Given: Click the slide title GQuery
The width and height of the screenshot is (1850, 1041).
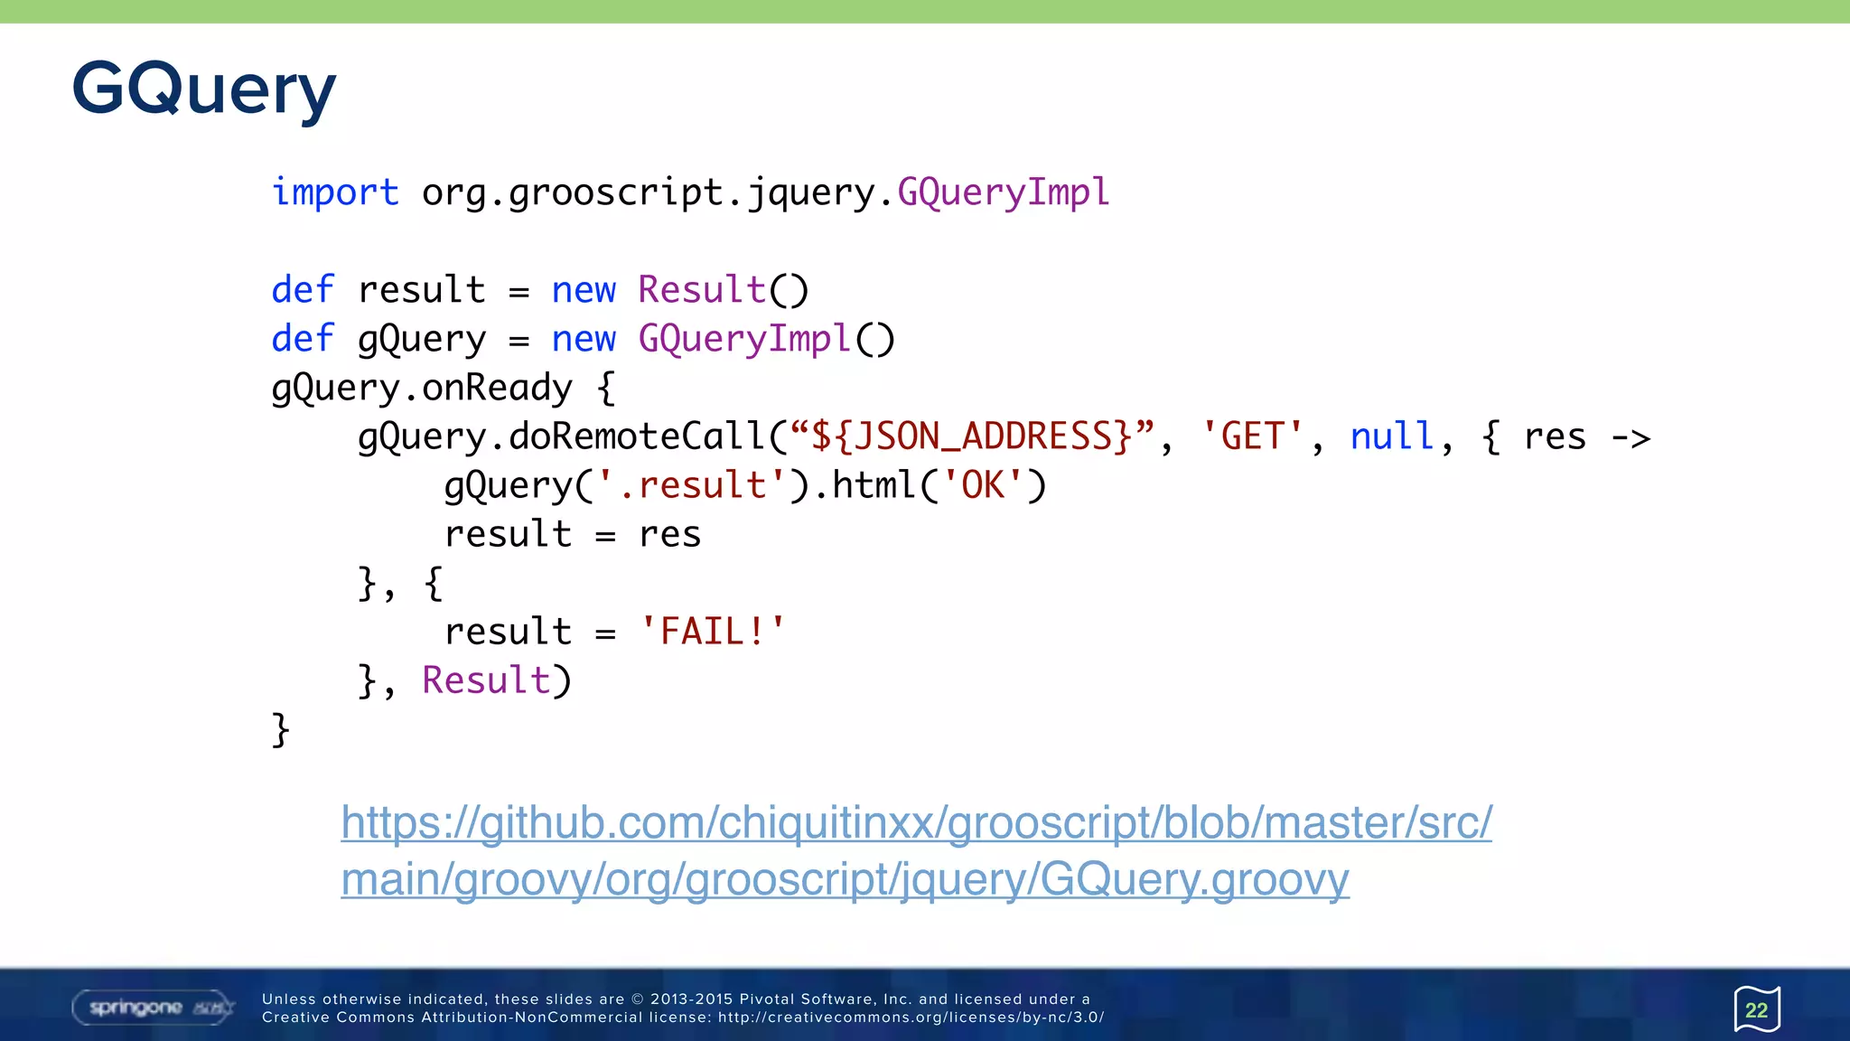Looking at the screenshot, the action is click(x=204, y=89).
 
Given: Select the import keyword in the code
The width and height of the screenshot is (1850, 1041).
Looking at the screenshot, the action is click(x=335, y=192).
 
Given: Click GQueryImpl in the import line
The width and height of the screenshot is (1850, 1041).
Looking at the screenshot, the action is click(x=1003, y=192).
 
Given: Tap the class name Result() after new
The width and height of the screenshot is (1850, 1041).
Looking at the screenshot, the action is click(x=723, y=290).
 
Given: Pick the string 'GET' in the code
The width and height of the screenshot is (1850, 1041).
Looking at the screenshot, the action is click(x=1252, y=436).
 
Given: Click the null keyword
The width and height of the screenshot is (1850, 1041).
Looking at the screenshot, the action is click(x=1391, y=436).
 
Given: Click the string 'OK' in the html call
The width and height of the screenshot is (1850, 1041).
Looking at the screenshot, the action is click(x=983, y=485).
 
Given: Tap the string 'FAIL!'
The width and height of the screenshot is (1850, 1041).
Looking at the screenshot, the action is click(x=713, y=632).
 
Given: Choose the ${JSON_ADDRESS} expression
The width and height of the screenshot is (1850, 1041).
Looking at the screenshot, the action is click(x=971, y=436).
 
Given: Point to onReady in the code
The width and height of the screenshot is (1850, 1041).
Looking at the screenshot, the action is click(x=497, y=388).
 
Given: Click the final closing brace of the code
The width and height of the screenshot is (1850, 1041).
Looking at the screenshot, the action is click(x=280, y=729).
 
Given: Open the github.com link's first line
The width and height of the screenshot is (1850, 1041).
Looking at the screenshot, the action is click(x=916, y=822).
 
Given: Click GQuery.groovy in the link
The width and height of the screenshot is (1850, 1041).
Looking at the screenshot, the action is click(x=1194, y=878).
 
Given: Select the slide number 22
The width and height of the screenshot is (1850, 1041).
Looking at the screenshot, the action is click(x=1756, y=1009).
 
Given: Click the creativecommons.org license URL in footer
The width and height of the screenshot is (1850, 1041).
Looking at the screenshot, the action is click(x=911, y=1018).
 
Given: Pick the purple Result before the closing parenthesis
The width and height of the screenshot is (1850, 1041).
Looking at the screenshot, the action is click(x=486, y=680).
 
